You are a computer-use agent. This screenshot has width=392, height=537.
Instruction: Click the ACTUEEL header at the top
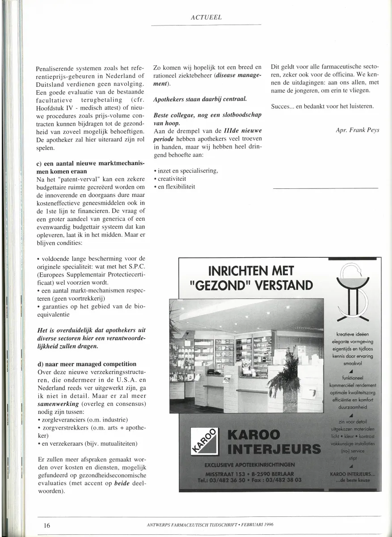tap(206, 17)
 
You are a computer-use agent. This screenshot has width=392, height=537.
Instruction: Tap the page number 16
tap(46, 525)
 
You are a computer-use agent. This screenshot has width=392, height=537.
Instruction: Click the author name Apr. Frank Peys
tap(357, 130)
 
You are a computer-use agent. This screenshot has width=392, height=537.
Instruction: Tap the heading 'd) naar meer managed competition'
tap(87, 364)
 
